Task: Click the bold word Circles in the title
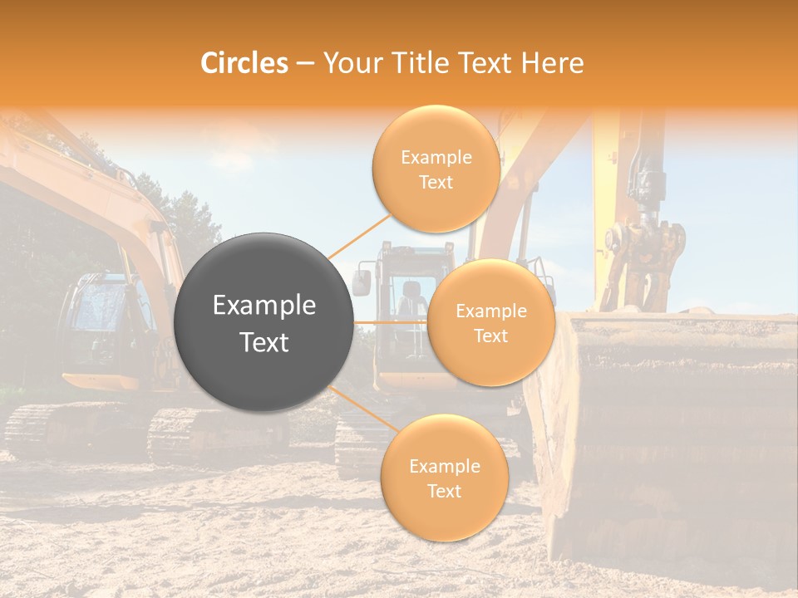(244, 63)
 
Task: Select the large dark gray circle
(264, 322)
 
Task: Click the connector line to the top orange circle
(359, 237)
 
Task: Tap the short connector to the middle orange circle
(389, 321)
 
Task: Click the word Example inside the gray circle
(264, 306)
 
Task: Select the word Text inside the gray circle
(264, 342)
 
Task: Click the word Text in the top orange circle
(436, 182)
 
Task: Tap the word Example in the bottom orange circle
(445, 466)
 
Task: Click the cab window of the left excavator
(96, 316)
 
